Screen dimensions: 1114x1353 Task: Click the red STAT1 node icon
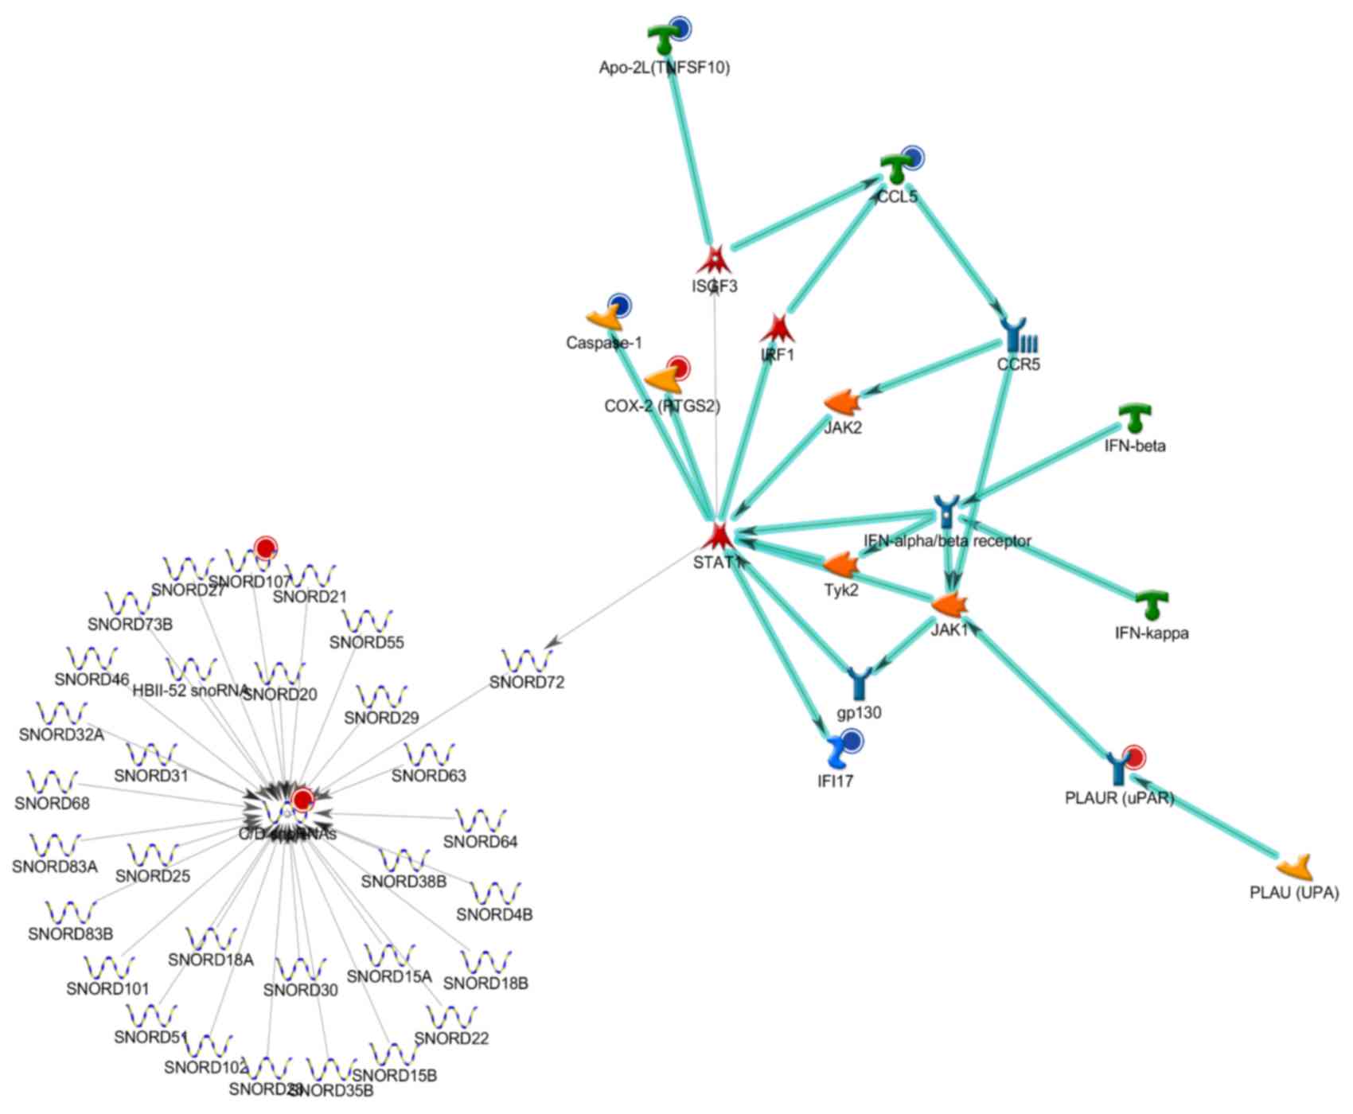click(719, 536)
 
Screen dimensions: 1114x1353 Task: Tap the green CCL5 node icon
click(895, 169)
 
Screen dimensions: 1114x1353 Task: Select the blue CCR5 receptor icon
click(1018, 336)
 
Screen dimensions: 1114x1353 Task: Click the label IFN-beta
click(1134, 446)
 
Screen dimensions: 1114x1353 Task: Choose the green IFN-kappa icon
click(1152, 606)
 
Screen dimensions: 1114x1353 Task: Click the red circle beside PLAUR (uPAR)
click(1133, 757)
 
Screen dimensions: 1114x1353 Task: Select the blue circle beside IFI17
click(852, 741)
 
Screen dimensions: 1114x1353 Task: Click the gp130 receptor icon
click(860, 684)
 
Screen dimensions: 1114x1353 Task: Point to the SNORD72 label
click(527, 682)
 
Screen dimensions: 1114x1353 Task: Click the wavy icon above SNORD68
click(53, 781)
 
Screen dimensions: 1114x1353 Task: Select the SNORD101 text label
click(107, 989)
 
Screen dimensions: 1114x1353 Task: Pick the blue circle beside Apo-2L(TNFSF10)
click(679, 27)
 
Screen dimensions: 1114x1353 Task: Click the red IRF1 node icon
click(778, 328)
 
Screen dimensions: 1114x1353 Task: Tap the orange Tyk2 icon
click(841, 565)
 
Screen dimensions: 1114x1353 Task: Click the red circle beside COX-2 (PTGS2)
click(678, 368)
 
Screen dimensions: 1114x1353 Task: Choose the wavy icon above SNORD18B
click(485, 962)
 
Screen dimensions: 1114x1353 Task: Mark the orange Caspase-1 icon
click(604, 317)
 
